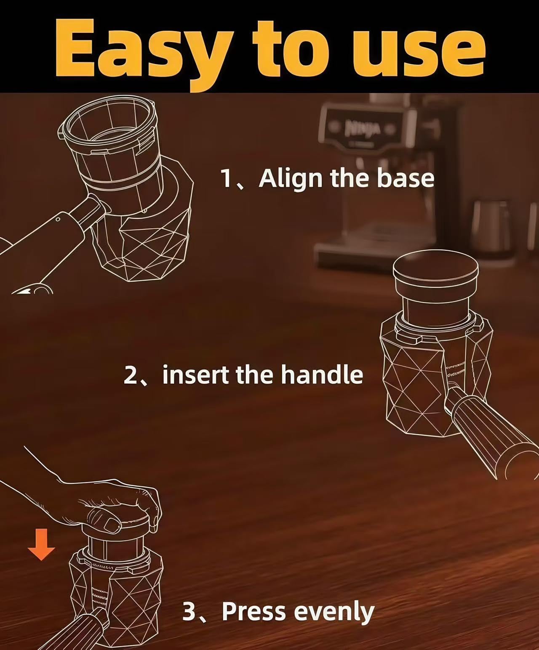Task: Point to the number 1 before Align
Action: [x=226, y=178]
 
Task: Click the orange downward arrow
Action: [x=41, y=547]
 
